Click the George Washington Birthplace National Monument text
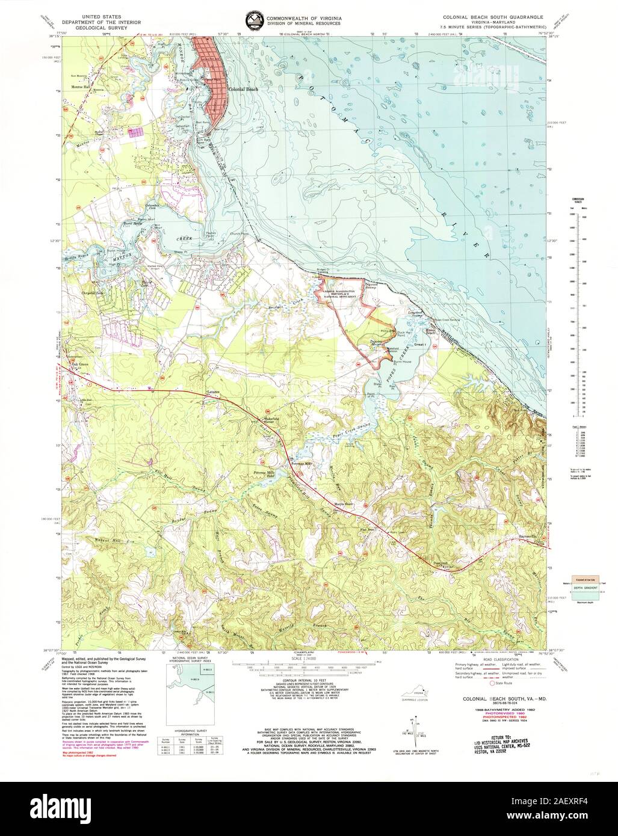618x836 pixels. tap(341, 292)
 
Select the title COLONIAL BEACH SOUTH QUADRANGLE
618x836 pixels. tap(492, 17)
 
